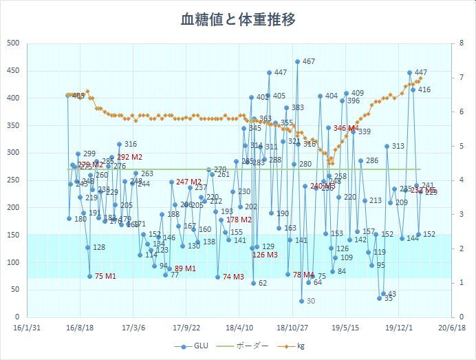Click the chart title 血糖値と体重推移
tap(238, 19)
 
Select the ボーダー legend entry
tap(246, 347)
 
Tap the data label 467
tap(309, 61)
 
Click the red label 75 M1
tap(105, 276)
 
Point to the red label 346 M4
tap(346, 128)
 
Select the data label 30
tap(311, 301)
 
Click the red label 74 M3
tap(233, 277)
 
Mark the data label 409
tap(358, 93)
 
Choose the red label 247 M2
tap(190, 182)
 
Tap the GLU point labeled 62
tap(253, 283)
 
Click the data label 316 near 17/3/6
tap(131, 144)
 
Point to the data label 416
tap(424, 89)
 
